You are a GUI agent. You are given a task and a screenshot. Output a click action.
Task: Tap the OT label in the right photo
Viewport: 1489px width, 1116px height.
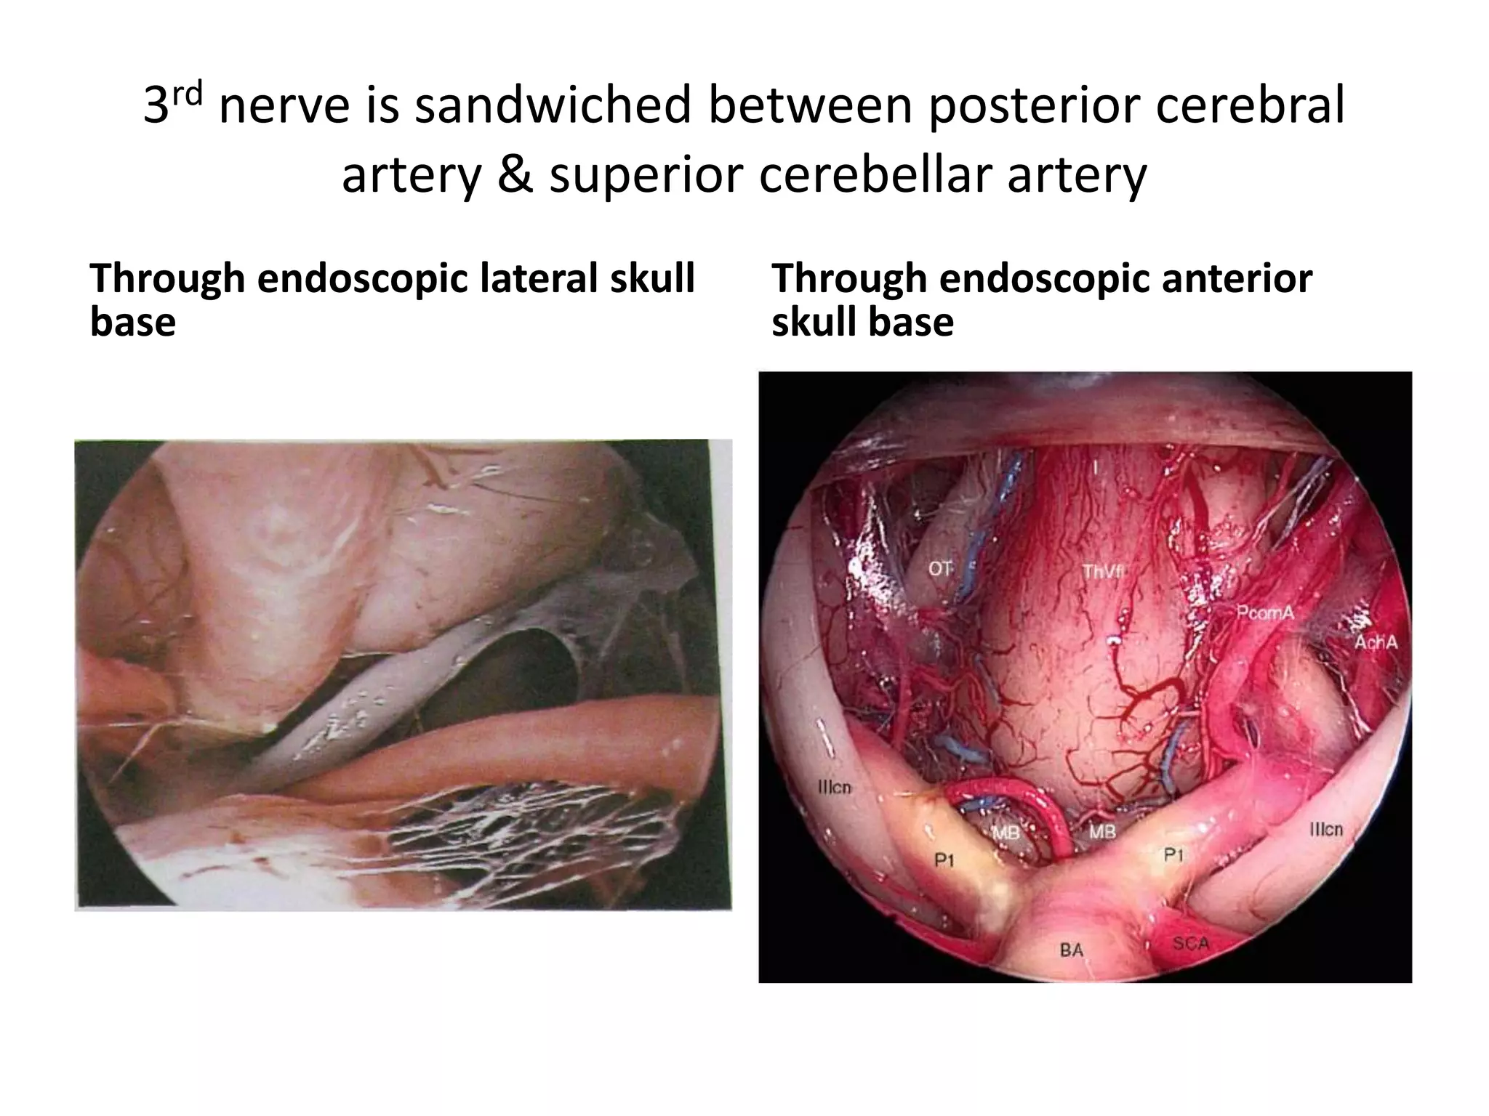click(x=939, y=569)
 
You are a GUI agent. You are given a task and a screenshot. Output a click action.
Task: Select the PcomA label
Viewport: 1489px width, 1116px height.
click(x=1266, y=613)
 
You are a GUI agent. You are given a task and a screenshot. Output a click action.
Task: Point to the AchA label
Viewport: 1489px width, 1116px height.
click(x=1376, y=642)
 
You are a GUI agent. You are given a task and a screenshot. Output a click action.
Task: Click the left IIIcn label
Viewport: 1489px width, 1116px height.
click(x=834, y=788)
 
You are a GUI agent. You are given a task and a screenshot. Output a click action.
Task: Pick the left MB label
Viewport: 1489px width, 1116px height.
click(x=1006, y=833)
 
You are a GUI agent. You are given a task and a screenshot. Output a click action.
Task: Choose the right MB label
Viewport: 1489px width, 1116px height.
click(x=1102, y=831)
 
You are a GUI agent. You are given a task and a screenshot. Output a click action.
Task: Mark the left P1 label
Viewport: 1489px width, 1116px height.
click(x=944, y=861)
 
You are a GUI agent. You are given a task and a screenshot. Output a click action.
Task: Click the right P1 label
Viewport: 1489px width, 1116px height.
click(x=1174, y=855)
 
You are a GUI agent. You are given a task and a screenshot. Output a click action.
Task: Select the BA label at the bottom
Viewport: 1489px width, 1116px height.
click(x=1072, y=950)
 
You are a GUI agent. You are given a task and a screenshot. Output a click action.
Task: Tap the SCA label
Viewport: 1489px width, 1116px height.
click(x=1191, y=944)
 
